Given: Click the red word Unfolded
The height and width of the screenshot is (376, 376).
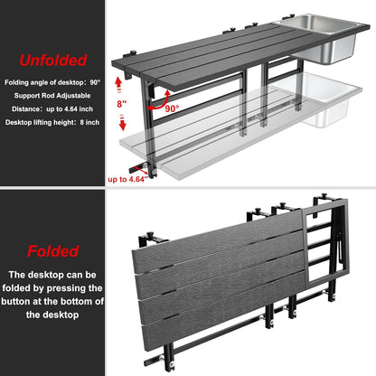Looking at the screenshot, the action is tap(53, 60).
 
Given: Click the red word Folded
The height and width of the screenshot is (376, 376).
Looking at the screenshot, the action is tap(53, 251).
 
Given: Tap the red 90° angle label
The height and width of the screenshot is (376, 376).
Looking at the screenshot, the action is tap(172, 108).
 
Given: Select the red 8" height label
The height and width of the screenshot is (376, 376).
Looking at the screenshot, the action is tap(122, 104).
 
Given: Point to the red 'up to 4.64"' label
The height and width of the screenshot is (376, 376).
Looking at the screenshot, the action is tap(127, 179).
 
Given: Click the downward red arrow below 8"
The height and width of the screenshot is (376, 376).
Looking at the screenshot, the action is tap(122, 122).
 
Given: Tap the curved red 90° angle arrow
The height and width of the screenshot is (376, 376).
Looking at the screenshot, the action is tap(160, 103).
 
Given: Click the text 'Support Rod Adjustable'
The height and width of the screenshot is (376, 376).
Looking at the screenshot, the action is tap(52, 96).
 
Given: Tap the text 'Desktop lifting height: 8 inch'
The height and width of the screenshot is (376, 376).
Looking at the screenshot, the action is tap(52, 122).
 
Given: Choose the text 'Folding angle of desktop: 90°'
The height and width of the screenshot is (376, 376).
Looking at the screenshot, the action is tap(52, 82).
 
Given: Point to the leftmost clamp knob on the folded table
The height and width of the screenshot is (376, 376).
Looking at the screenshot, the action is tap(150, 235).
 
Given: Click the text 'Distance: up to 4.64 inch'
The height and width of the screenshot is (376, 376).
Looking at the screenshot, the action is tap(52, 108).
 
